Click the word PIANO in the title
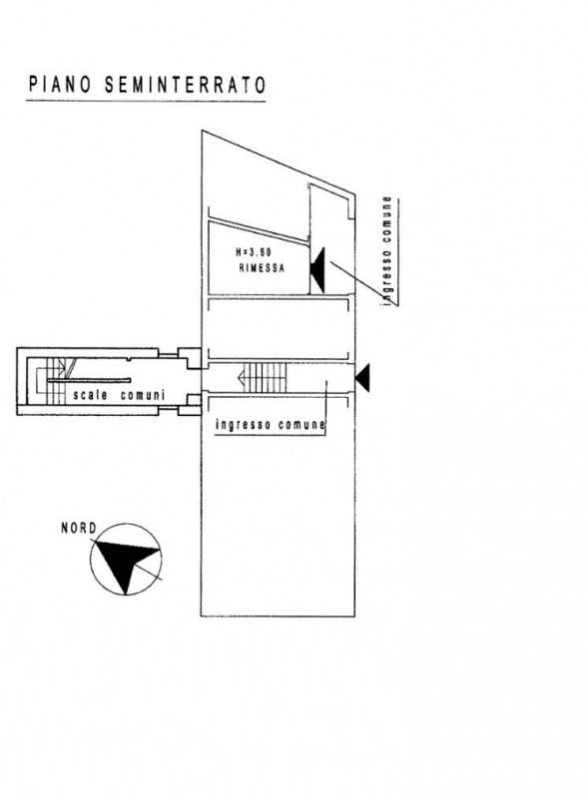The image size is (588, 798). (x=60, y=85)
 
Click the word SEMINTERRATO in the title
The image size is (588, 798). (x=186, y=85)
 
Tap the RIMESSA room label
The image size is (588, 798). (x=262, y=268)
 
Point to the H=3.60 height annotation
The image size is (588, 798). (x=254, y=252)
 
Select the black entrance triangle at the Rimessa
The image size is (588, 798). (x=317, y=270)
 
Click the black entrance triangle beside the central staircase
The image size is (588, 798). (x=362, y=378)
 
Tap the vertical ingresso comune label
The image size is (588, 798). (x=388, y=251)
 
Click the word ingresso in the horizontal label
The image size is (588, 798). (x=243, y=425)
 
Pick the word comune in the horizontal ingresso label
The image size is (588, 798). (x=301, y=425)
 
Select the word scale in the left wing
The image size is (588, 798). (x=90, y=395)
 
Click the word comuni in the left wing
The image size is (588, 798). (x=143, y=395)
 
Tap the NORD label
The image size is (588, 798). (x=79, y=529)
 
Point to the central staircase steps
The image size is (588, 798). (x=265, y=378)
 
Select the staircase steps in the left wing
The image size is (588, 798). (x=55, y=381)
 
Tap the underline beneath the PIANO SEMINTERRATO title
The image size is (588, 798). (x=146, y=102)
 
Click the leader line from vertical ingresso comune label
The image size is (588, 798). (x=362, y=282)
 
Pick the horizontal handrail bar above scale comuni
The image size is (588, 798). (x=89, y=380)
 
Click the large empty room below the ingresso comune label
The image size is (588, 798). (x=278, y=525)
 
